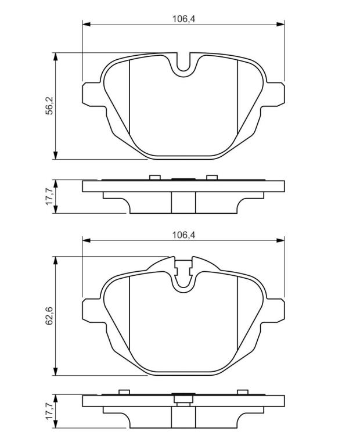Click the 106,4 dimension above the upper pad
coord(183,19)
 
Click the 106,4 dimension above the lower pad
coord(183,235)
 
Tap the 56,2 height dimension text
coord(50,106)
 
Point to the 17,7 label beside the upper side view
coord(50,196)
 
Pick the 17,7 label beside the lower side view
coord(50,411)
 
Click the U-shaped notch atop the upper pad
coord(183,70)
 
